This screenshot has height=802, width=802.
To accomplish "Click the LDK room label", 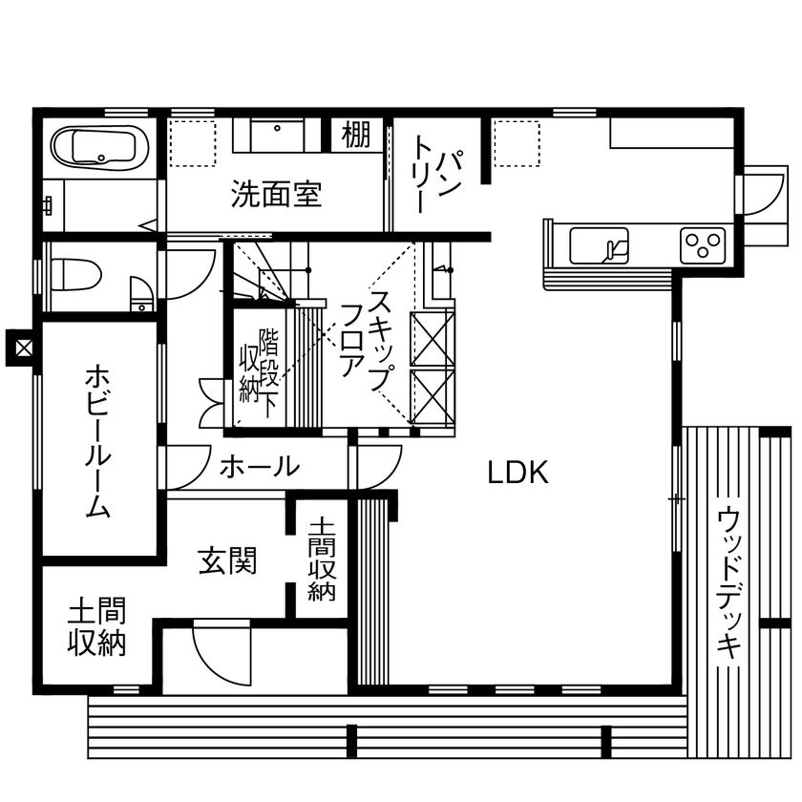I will click(518, 472).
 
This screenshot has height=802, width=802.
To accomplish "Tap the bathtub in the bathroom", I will click(96, 149).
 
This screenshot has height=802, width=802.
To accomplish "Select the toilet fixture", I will click(76, 276).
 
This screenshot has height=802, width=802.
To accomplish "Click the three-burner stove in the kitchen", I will click(705, 246).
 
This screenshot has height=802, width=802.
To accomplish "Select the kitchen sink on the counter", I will click(599, 246).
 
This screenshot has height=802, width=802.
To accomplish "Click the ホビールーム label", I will click(97, 440).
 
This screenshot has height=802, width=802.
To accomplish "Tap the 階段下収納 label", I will click(257, 368).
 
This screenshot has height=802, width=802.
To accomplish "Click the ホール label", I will click(260, 467).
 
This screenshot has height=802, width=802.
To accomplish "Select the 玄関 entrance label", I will click(227, 560).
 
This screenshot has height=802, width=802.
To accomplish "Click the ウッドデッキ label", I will click(729, 582).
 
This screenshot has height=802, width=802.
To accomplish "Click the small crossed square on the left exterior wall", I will click(19, 346).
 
